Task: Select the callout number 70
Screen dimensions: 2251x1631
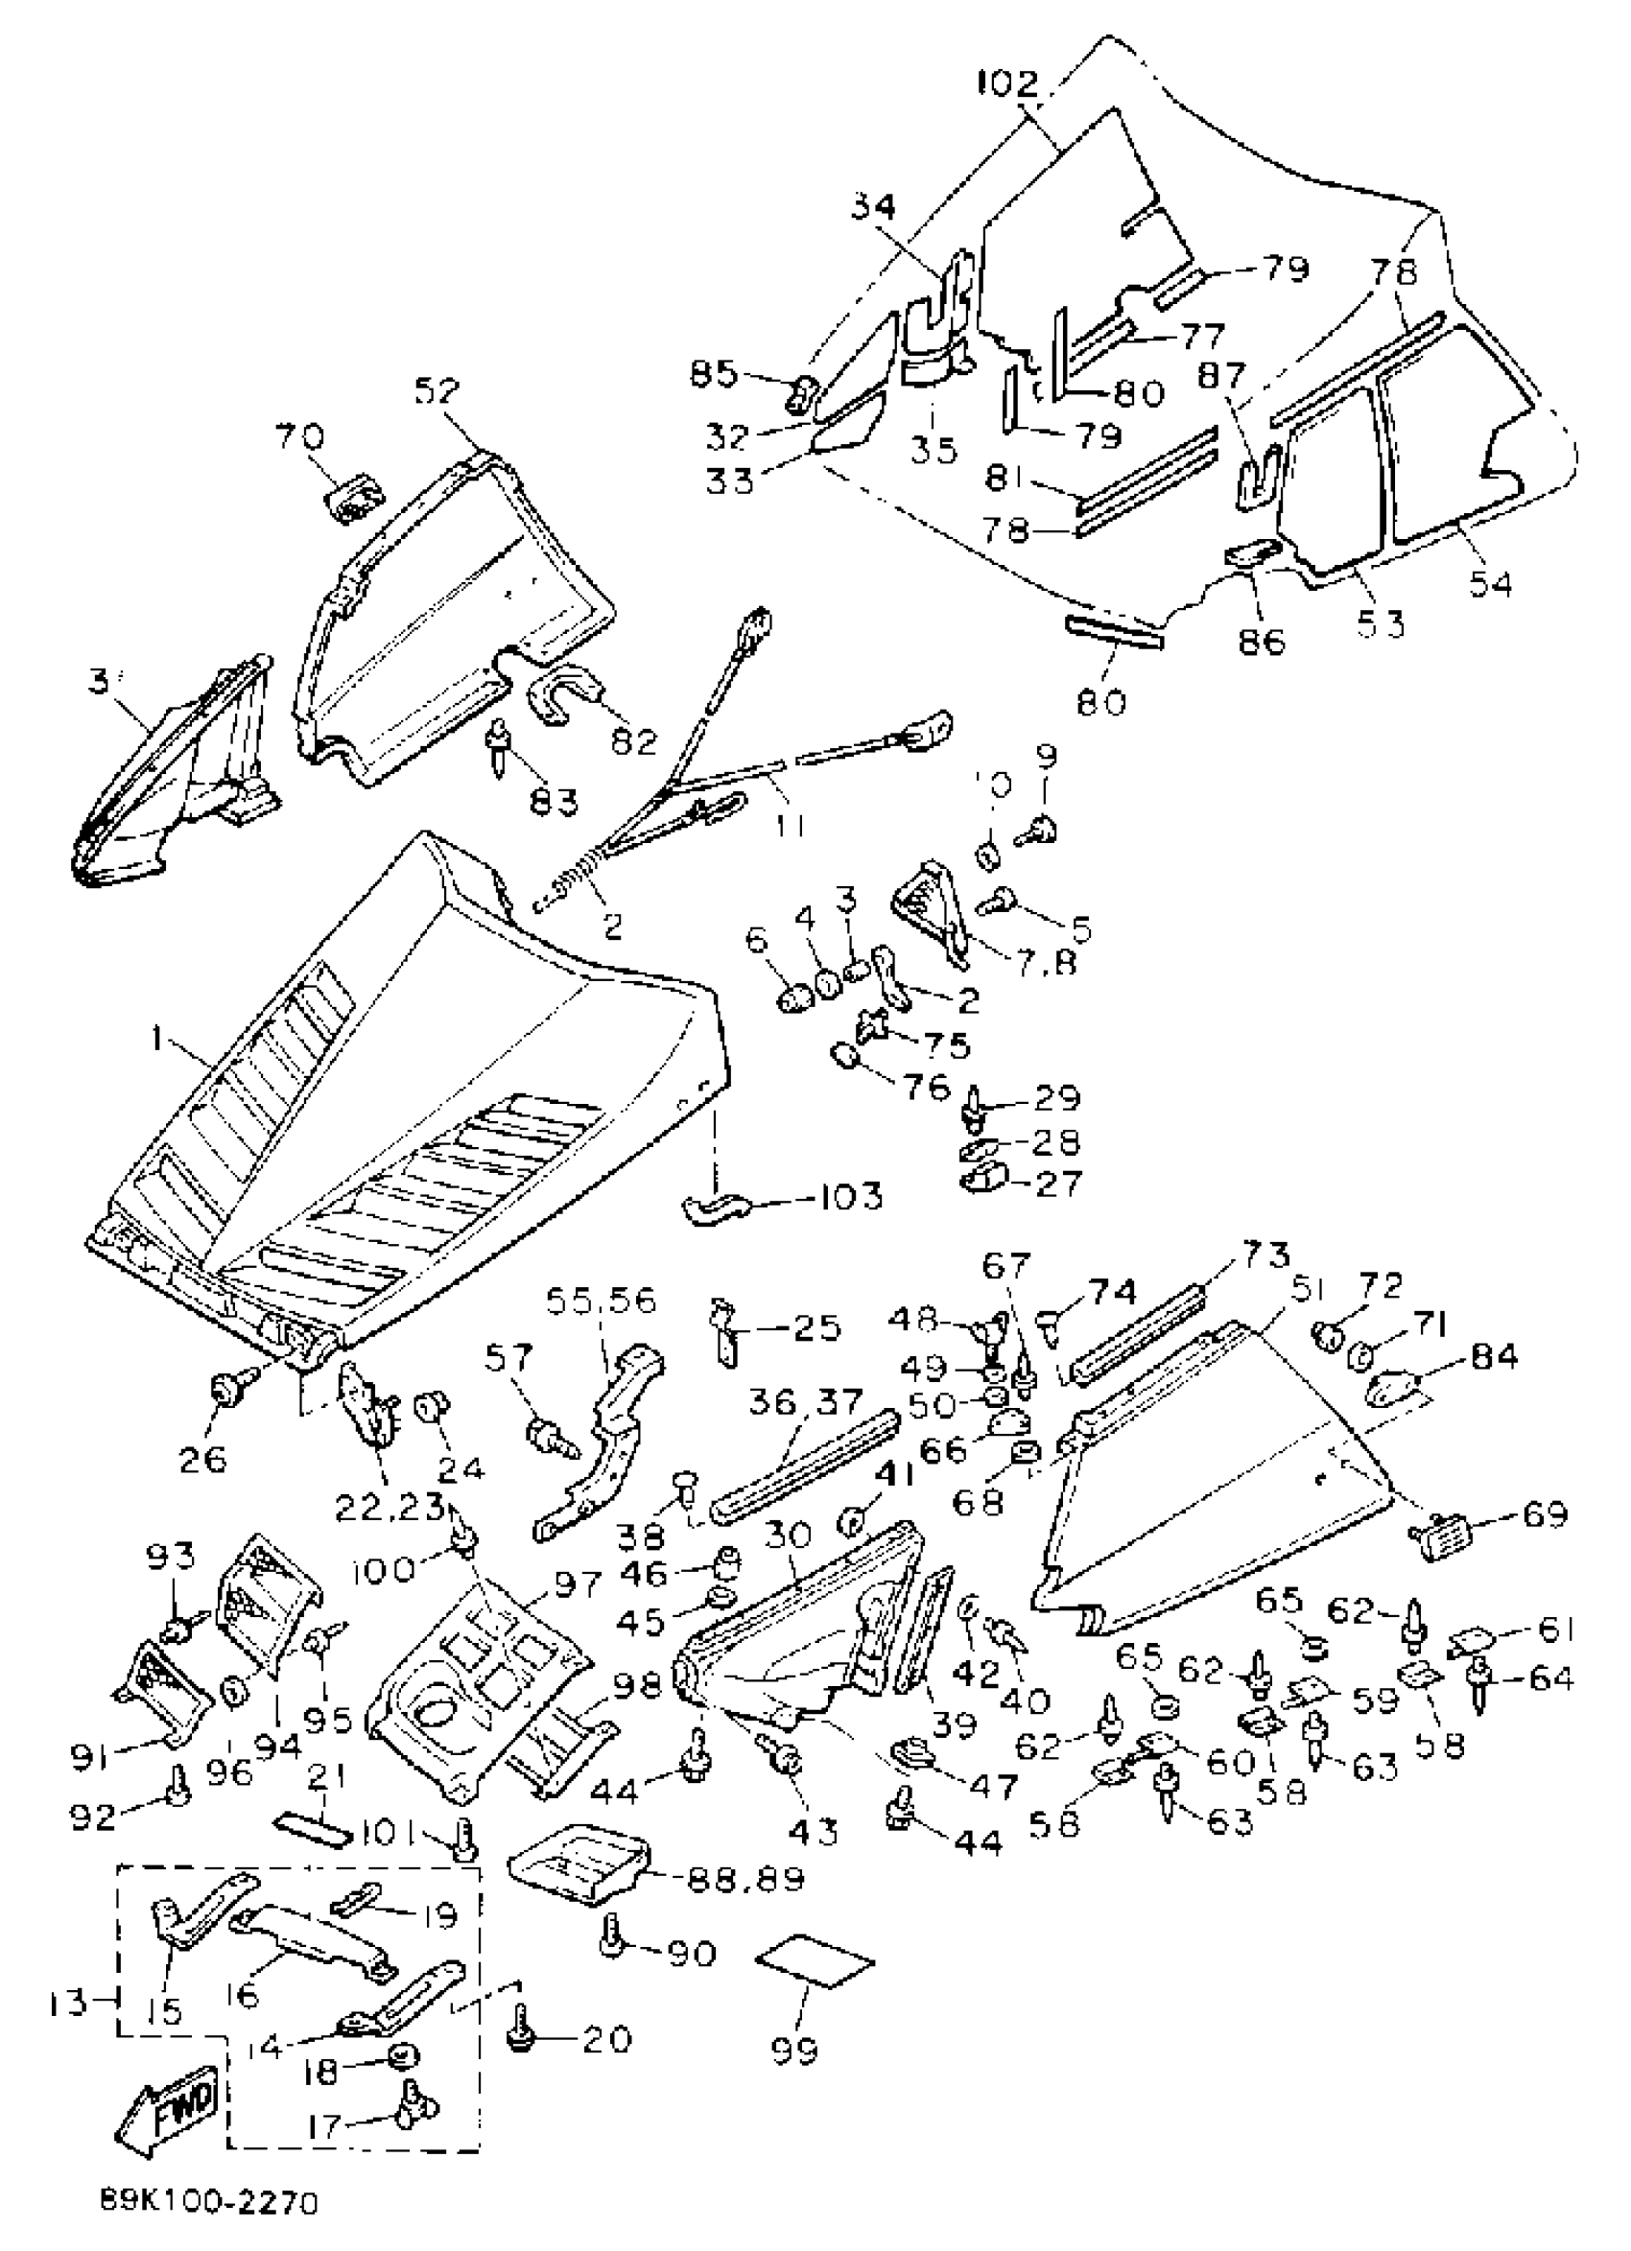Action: tap(298, 434)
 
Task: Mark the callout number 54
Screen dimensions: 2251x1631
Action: tap(1490, 582)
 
